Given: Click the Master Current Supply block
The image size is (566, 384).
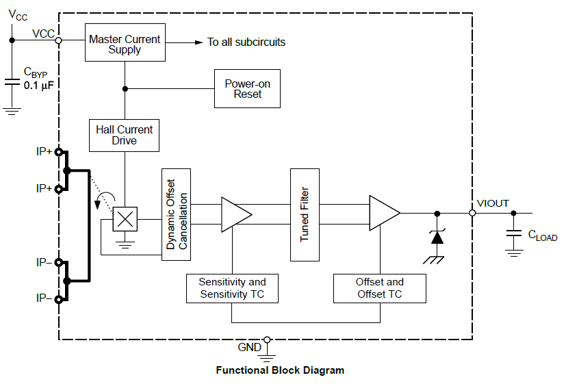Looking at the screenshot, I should pyautogui.click(x=125, y=44).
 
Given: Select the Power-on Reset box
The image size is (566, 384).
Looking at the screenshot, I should pyautogui.click(x=247, y=89).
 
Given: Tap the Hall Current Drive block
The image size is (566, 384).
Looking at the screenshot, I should pyautogui.click(x=125, y=135).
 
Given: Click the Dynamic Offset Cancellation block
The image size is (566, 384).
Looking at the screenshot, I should pyautogui.click(x=176, y=214).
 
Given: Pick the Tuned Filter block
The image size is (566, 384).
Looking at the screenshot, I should pyautogui.click(x=305, y=214).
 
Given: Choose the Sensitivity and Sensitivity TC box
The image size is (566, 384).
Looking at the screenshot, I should pyautogui.click(x=232, y=288).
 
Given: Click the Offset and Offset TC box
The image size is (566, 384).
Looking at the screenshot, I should pyautogui.click(x=379, y=288).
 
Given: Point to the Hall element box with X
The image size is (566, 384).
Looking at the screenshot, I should pyautogui.click(x=125, y=219).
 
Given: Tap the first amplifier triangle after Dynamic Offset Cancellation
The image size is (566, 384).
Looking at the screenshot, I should pyautogui.click(x=234, y=214).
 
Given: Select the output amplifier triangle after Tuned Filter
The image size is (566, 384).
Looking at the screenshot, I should pyautogui.click(x=383, y=214).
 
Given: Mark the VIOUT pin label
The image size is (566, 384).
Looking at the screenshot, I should pyautogui.click(x=493, y=203).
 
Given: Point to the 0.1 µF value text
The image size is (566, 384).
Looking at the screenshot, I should pyautogui.click(x=39, y=86).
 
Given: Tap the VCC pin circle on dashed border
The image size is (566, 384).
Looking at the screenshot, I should pyautogui.click(x=58, y=40).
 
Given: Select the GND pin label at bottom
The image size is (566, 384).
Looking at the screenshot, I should pyautogui.click(x=250, y=347).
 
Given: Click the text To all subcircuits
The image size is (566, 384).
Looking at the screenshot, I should pyautogui.click(x=246, y=42).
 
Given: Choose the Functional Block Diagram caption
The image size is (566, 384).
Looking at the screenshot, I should pyautogui.click(x=280, y=370).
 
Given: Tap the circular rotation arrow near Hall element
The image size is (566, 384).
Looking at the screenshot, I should pyautogui.click(x=105, y=201).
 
